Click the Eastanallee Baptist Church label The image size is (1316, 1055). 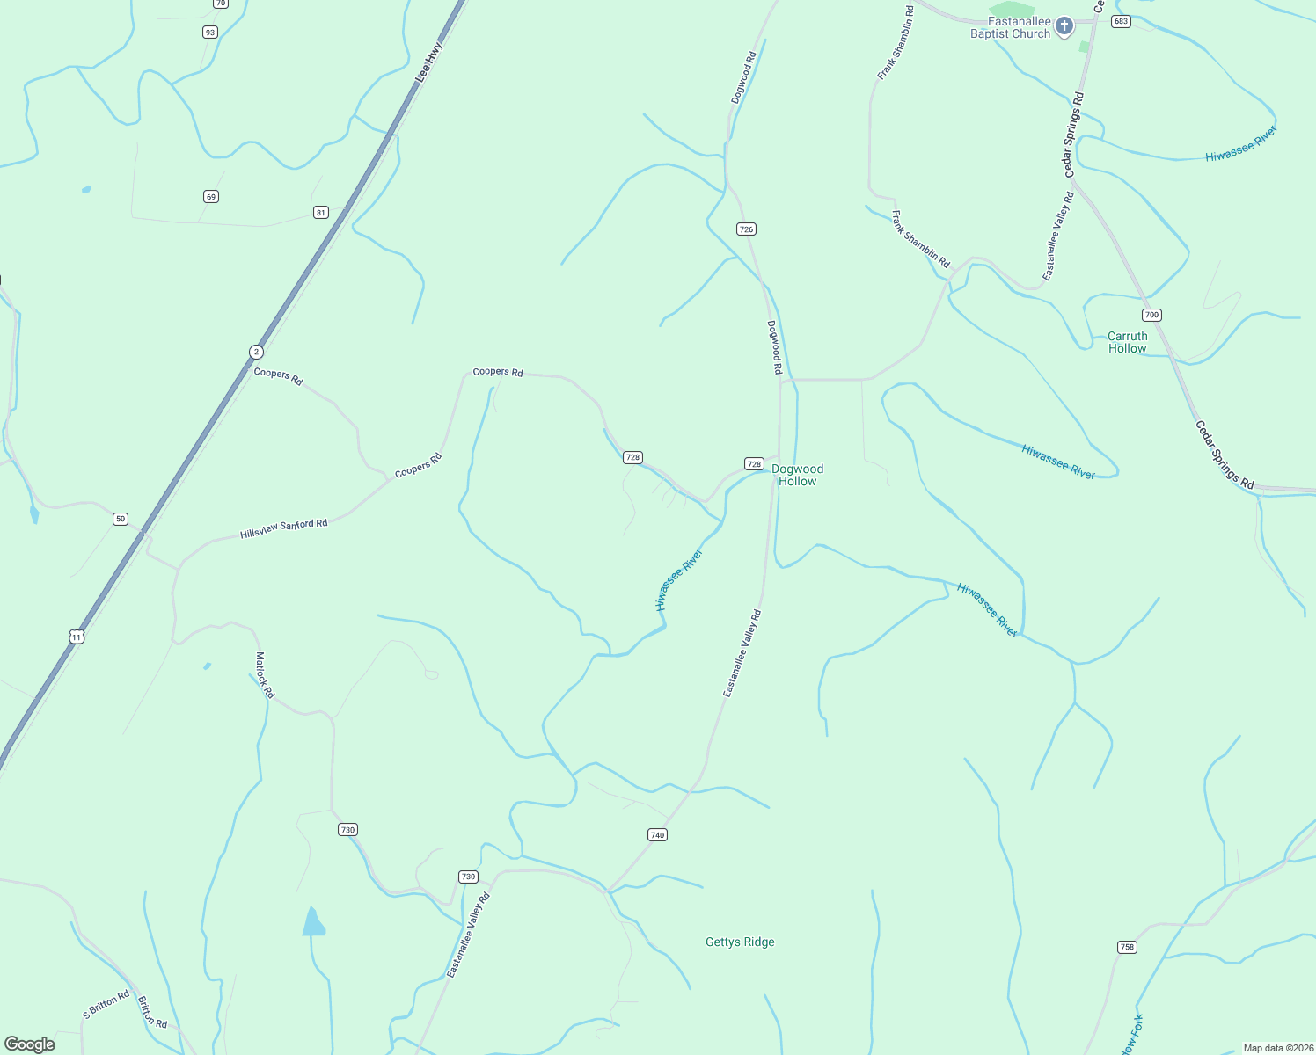click(x=1010, y=27)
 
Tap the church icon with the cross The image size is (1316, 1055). click(x=1064, y=26)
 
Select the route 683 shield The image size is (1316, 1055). click(x=1120, y=21)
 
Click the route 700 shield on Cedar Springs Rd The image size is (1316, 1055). click(x=1152, y=315)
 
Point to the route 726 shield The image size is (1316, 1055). click(x=746, y=229)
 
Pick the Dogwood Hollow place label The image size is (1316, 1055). click(x=797, y=475)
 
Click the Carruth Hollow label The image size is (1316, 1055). click(x=1128, y=342)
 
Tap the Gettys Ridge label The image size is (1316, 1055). click(x=740, y=942)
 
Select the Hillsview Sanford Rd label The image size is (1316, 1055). click(x=283, y=528)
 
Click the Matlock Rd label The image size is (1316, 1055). click(x=265, y=674)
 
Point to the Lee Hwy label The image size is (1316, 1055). click(x=428, y=63)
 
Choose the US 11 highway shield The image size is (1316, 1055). click(x=77, y=636)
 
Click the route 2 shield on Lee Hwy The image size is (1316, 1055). click(x=256, y=352)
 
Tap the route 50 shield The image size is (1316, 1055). click(x=121, y=519)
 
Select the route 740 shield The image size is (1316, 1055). click(x=657, y=834)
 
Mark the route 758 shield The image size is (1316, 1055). click(x=1127, y=947)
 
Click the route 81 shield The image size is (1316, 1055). click(x=321, y=212)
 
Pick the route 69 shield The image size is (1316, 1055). click(x=210, y=196)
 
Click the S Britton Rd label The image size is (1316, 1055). click(x=106, y=1005)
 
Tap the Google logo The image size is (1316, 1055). click(x=30, y=1044)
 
